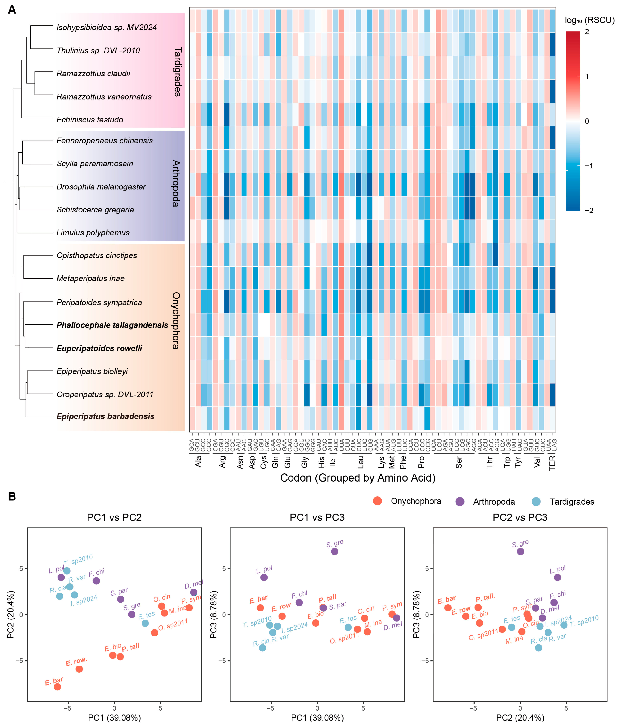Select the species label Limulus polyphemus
click(93, 233)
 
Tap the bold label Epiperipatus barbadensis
click(105, 416)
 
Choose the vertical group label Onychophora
click(176, 320)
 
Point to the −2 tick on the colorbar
click(589, 210)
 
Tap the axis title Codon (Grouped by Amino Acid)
click(358, 478)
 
